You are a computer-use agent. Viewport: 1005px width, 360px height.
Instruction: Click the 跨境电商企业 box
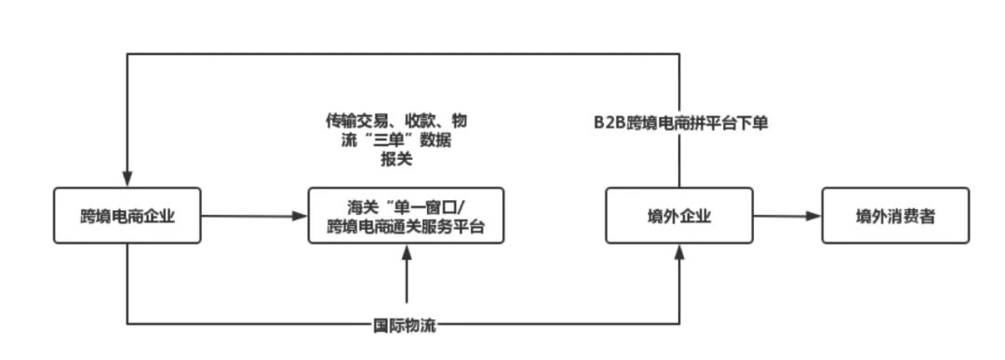click(x=127, y=217)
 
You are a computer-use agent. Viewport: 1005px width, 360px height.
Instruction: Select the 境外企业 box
click(x=678, y=217)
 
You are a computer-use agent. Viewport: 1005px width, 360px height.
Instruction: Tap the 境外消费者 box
click(x=896, y=217)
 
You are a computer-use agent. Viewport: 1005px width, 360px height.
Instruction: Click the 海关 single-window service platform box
click(x=406, y=217)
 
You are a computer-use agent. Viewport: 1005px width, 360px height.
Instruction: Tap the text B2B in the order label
click(x=611, y=123)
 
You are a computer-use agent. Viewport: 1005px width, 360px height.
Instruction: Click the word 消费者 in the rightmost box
click(x=907, y=217)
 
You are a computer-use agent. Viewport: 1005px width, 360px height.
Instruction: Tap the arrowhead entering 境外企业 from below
click(x=683, y=254)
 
